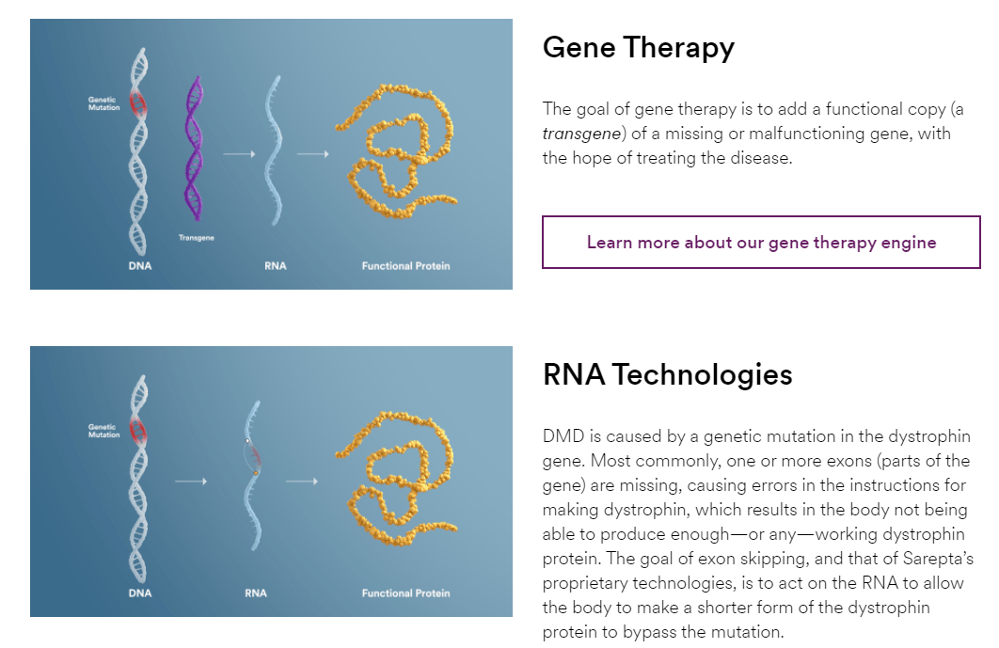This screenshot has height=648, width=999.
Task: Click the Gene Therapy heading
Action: click(638, 48)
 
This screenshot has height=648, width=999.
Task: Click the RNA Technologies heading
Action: click(667, 374)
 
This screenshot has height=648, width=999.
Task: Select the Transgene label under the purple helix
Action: click(197, 238)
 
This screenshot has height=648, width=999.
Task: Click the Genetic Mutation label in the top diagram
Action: click(104, 103)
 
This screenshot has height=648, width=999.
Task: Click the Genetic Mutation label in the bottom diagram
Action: click(104, 431)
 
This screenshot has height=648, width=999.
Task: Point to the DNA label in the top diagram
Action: click(139, 266)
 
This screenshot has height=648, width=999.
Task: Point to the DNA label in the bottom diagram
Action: click(139, 593)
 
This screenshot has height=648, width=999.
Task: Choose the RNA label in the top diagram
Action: click(276, 266)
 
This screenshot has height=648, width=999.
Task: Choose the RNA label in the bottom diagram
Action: click(255, 593)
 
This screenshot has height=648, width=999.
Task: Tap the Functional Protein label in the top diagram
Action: click(405, 266)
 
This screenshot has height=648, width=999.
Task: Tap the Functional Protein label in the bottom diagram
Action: click(405, 593)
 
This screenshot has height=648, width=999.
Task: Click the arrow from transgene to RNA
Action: click(240, 152)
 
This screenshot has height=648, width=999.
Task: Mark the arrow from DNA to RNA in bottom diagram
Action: click(191, 482)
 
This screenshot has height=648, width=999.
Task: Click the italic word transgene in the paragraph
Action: click(581, 134)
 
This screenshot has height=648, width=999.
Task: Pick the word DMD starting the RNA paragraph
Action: click(562, 436)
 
